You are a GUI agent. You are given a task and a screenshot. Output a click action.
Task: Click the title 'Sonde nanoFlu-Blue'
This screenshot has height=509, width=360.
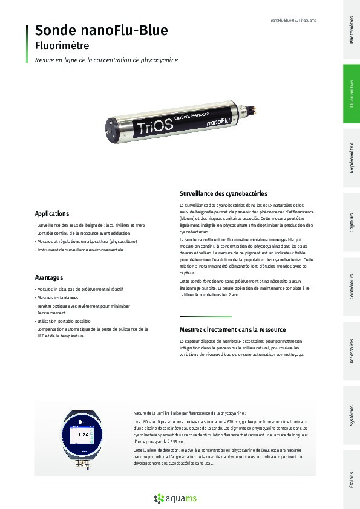tap(101, 30)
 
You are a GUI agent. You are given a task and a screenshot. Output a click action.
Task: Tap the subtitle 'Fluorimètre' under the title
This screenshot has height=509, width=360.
tap(62, 45)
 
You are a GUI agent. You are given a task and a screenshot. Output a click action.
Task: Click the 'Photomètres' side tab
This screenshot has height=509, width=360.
tap(352, 30)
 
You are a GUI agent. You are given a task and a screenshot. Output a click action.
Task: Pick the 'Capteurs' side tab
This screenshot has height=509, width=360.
tap(352, 224)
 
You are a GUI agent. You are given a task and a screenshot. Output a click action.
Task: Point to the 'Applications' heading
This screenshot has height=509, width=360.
tap(52, 213)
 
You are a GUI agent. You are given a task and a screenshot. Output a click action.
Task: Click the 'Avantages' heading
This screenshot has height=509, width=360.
tap(49, 277)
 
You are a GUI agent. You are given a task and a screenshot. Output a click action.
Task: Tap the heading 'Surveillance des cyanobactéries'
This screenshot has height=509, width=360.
tap(223, 193)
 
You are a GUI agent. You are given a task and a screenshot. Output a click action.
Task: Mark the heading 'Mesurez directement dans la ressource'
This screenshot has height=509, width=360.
tap(232, 329)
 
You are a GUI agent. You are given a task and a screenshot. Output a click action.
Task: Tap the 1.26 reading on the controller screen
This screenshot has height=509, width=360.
tap(83, 435)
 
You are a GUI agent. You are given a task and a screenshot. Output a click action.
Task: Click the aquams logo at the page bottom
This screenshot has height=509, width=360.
tap(180, 498)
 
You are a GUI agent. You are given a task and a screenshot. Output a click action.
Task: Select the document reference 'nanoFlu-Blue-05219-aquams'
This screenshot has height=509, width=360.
tap(293, 21)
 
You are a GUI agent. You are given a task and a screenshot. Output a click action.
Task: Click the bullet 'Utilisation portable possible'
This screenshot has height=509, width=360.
tap(64, 322)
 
